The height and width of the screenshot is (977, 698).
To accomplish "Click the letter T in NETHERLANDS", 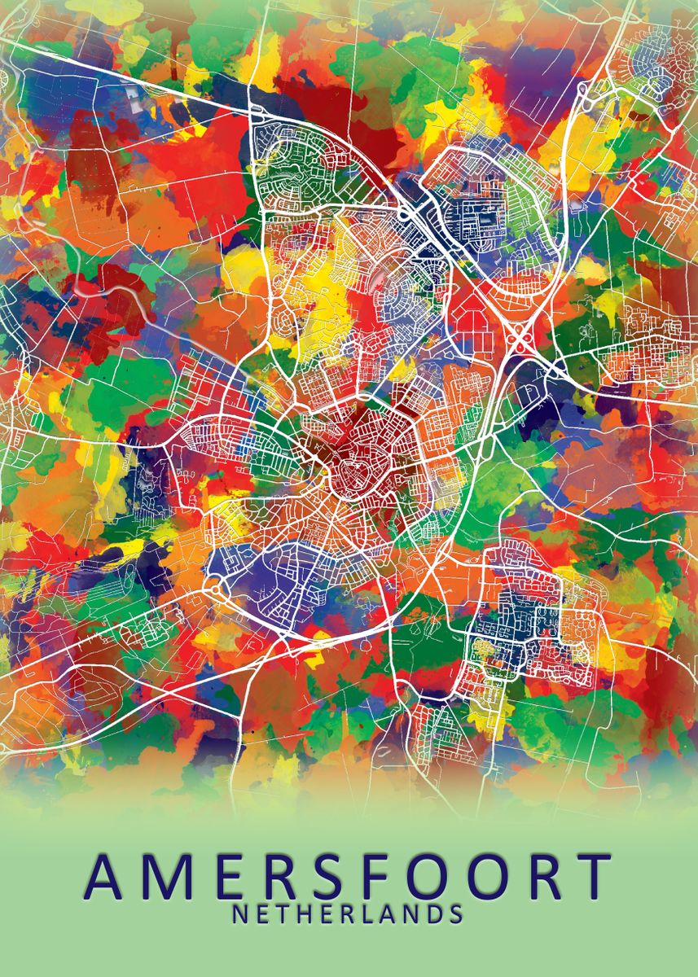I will [282, 914].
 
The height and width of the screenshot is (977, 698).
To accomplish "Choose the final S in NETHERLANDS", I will [455, 914].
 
